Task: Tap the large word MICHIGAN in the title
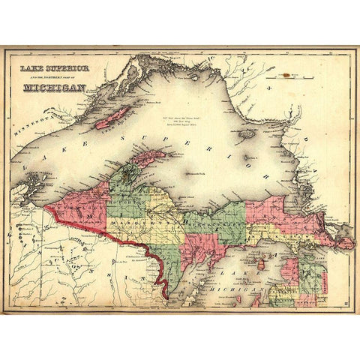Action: [55, 86]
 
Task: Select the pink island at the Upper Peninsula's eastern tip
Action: [344, 243]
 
